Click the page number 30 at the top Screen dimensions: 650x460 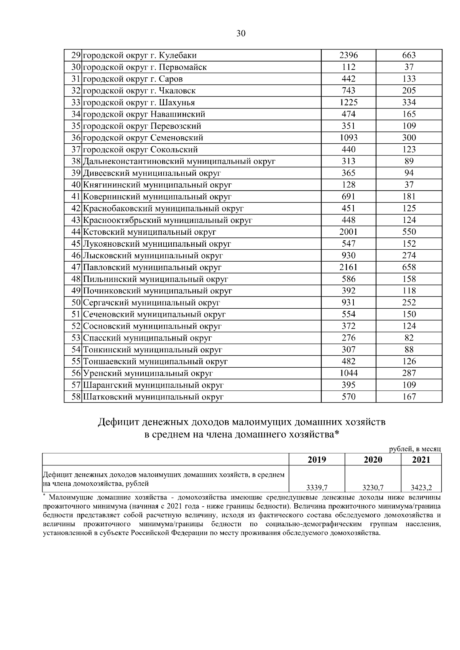[241, 33]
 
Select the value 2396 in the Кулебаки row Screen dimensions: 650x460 [348, 55]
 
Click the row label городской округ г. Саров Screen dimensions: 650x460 [133, 79]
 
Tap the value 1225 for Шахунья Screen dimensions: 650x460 [348, 102]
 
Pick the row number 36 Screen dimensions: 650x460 [76, 138]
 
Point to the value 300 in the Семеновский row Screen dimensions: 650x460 [409, 138]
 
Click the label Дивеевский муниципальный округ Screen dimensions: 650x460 [152, 173]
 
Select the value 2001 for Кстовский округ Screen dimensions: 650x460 [348, 232]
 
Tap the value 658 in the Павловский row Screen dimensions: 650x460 [409, 267]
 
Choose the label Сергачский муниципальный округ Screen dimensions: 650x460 [151, 303]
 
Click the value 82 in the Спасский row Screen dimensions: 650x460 [409, 338]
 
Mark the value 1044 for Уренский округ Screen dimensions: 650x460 [348, 373]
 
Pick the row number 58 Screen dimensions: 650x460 [76, 397]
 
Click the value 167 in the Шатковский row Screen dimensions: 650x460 [409, 397]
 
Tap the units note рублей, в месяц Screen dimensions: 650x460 [415, 449]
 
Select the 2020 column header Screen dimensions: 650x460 [373, 460]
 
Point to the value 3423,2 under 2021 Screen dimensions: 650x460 [421, 488]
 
